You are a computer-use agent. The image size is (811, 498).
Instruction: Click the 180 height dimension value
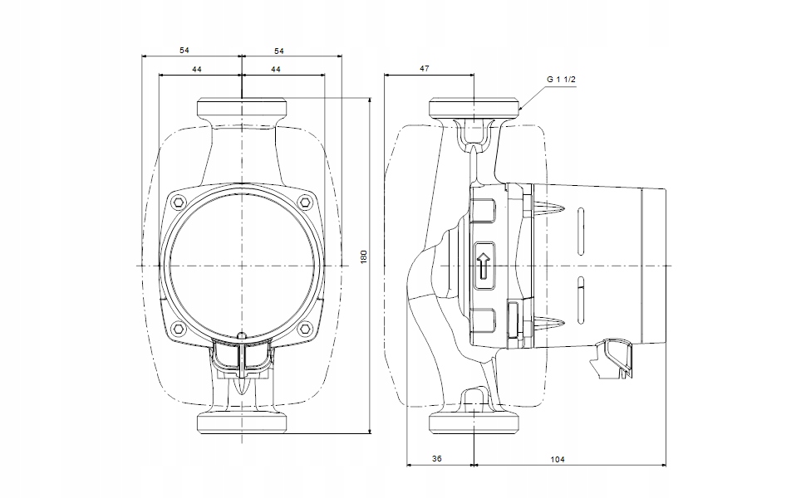click(x=363, y=258)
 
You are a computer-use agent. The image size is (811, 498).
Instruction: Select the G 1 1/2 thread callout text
click(x=562, y=80)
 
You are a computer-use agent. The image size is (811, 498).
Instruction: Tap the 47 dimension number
click(x=424, y=69)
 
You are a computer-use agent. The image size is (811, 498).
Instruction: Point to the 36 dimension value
click(x=438, y=459)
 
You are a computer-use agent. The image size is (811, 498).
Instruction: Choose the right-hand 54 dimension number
click(x=279, y=51)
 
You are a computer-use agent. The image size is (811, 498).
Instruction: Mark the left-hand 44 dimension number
click(x=197, y=69)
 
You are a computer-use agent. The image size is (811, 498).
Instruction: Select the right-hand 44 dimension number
click(x=275, y=69)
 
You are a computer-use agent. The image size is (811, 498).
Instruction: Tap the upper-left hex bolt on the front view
click(x=178, y=202)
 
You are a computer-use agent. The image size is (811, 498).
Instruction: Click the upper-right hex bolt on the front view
click(x=306, y=202)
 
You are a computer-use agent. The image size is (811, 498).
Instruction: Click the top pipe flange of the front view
click(x=242, y=108)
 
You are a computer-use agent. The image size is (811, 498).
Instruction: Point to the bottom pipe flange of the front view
click(x=242, y=422)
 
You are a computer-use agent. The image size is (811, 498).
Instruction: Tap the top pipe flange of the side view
click(x=473, y=108)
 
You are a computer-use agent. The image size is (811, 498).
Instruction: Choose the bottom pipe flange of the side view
click(x=473, y=422)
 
